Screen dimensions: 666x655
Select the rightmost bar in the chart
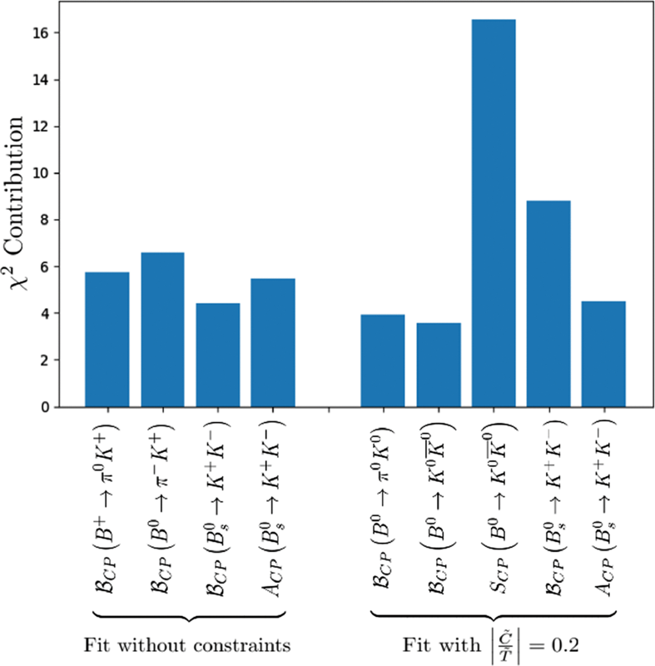click(603, 354)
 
